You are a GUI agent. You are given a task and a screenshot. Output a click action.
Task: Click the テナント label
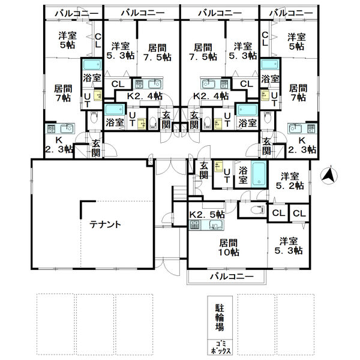click(x=105, y=224)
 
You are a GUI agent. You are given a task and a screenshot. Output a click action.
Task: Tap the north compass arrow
click(x=329, y=176)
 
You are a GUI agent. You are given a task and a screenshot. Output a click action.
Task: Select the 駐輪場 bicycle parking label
click(x=220, y=317)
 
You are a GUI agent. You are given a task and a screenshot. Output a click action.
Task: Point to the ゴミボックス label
click(x=220, y=347)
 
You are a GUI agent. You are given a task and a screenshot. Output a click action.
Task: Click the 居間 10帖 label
click(x=229, y=247)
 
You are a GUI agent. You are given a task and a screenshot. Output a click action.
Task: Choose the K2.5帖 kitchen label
click(x=206, y=214)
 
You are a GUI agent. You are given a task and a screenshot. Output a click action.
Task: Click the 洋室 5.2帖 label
click(x=290, y=181)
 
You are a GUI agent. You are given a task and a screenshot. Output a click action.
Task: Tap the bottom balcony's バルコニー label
click(x=232, y=276)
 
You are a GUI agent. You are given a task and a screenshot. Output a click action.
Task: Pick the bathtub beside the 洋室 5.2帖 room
click(x=259, y=174)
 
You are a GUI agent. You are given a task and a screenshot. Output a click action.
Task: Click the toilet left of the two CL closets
click(x=257, y=209)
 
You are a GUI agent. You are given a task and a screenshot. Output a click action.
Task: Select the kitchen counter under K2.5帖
click(x=206, y=225)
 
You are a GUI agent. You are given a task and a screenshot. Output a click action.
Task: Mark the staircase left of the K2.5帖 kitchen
click(x=180, y=190)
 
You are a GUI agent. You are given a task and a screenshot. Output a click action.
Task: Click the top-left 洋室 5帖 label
click(x=67, y=40)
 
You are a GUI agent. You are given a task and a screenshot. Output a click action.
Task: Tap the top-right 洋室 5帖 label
click(x=296, y=41)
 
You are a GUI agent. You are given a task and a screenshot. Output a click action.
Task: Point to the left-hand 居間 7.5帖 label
click(x=157, y=53)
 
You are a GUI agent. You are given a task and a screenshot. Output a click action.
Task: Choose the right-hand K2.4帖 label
click(x=211, y=96)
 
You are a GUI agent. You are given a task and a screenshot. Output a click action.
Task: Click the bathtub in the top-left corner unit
click(x=92, y=65)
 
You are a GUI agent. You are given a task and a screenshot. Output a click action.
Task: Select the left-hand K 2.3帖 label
click(x=59, y=145)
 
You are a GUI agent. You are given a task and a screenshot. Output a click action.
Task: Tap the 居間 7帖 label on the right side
click(x=298, y=93)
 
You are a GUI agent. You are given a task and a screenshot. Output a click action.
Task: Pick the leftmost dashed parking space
click(x=56, y=324)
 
